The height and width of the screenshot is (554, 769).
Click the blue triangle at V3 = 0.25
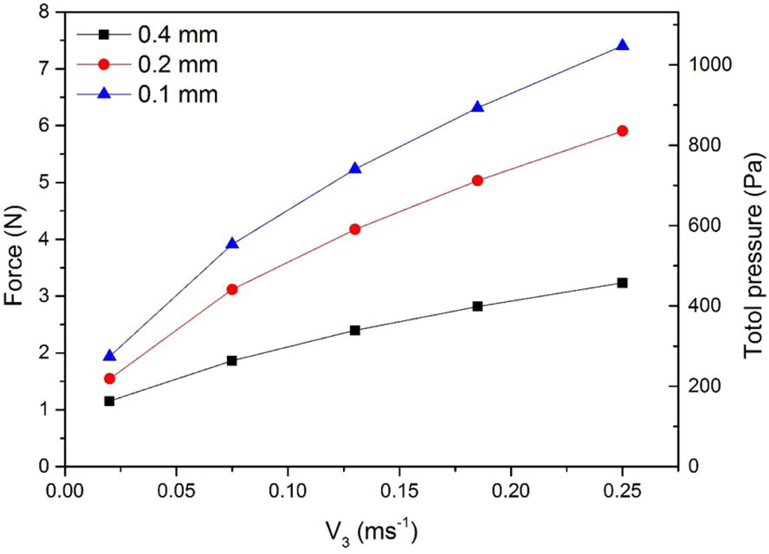coord(623,45)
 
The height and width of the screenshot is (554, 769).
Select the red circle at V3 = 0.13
coord(355,229)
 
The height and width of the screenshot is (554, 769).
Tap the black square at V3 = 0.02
coord(109,401)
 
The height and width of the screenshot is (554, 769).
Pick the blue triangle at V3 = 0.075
coord(232,243)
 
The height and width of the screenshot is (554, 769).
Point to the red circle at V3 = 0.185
coord(477,181)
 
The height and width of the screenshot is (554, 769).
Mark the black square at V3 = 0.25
coord(623,282)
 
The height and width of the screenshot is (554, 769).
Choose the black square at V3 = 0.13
coord(355,330)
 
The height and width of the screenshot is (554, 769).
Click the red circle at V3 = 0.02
coord(109,378)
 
